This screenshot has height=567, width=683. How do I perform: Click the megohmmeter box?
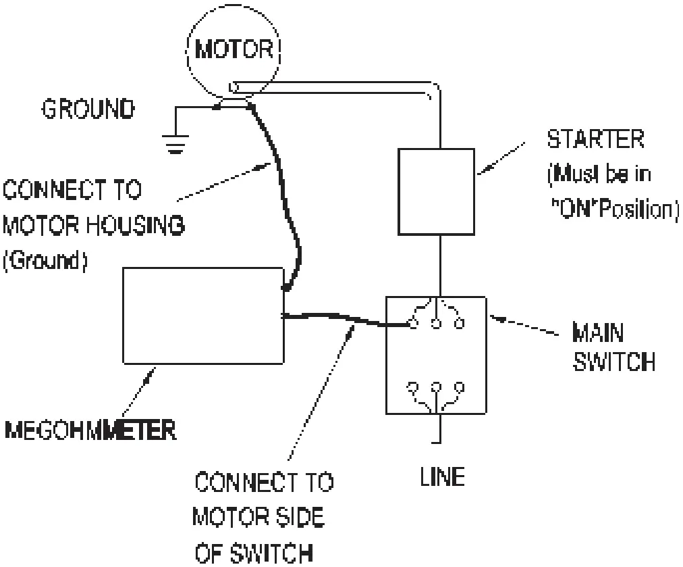(202, 316)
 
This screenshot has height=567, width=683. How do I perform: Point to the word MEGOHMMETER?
(92, 430)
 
